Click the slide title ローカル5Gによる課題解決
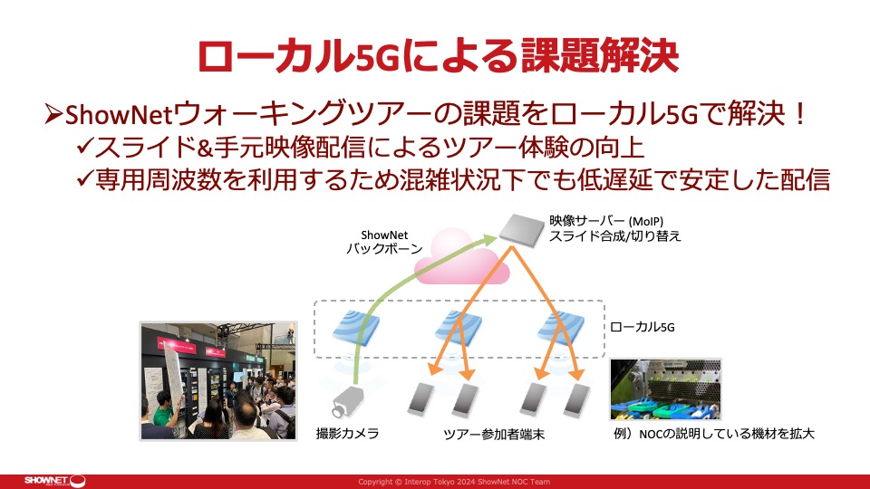tap(438, 55)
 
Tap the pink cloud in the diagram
tap(461, 258)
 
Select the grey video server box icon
tap(521, 230)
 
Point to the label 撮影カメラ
tap(347, 434)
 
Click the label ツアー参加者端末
tap(494, 434)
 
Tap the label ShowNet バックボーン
tap(384, 243)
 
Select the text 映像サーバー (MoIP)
tap(606, 221)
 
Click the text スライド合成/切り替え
tap(614, 236)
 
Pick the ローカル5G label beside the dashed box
tap(642, 327)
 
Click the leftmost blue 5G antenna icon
tap(355, 327)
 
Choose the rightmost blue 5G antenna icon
tap(561, 327)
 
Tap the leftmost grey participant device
tap(421, 398)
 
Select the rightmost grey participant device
tap(576, 398)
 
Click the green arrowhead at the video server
tap(489, 239)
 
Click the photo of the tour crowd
tap(218, 381)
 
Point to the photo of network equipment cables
tap(665, 389)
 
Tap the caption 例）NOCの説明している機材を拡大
tap(714, 434)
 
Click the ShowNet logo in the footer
tap(54, 481)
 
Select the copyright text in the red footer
tap(454, 482)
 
